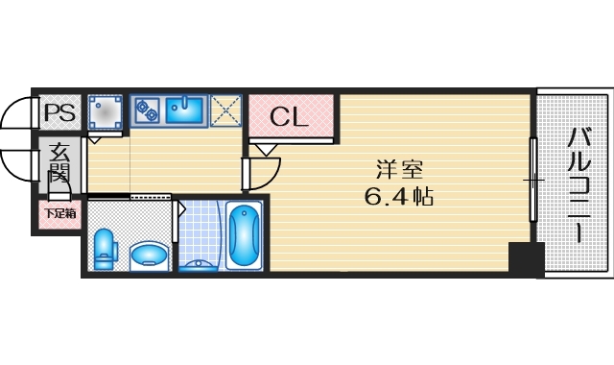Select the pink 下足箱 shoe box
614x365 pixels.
tap(58, 214)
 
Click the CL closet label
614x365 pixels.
tap(288, 117)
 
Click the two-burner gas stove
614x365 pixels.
tap(147, 111)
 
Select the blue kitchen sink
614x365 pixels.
tap(186, 111)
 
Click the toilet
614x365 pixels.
tap(105, 249)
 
